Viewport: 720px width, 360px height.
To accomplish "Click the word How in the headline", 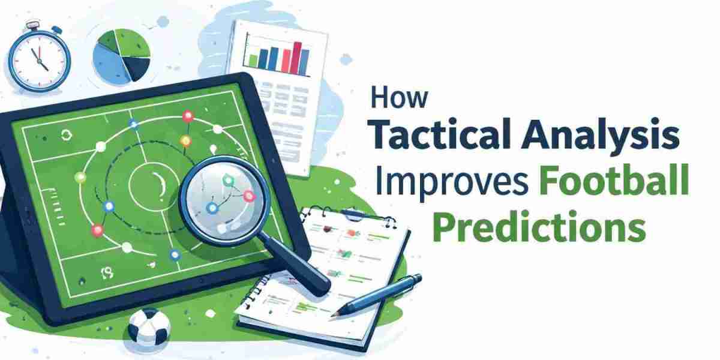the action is pos(399,97).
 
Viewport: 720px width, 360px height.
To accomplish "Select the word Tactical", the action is pos(443,133).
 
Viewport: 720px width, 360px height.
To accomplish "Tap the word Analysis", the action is pos(601,135).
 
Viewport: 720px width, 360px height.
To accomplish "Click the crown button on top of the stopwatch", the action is pos(33,25).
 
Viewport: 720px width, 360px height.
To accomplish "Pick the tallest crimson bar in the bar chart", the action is pos(297,58).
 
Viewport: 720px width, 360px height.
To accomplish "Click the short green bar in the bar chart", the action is pos(253,61).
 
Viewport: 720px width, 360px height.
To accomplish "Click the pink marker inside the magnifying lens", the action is pos(248,196).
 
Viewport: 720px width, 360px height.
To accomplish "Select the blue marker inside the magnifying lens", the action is pos(212,208).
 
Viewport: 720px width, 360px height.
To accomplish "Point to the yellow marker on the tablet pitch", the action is pos(186,140).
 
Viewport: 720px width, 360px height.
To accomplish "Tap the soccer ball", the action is pos(149,327).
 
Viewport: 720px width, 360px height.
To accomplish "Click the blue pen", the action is pos(377,295).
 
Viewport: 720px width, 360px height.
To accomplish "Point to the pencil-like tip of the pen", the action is pos(332,316).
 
